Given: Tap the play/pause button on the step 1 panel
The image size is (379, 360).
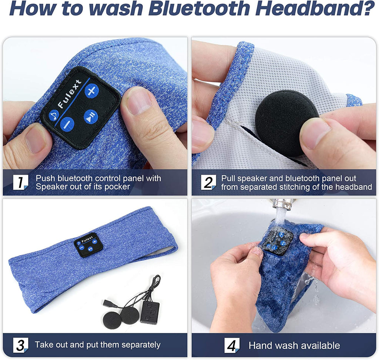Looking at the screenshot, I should point(90,116).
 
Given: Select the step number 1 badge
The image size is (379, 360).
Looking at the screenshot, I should point(20,182).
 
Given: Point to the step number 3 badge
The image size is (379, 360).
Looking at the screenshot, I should point(20,345).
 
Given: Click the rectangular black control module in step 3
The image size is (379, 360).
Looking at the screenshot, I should point(150,312).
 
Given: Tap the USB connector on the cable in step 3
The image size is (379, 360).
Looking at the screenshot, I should point(110,303).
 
